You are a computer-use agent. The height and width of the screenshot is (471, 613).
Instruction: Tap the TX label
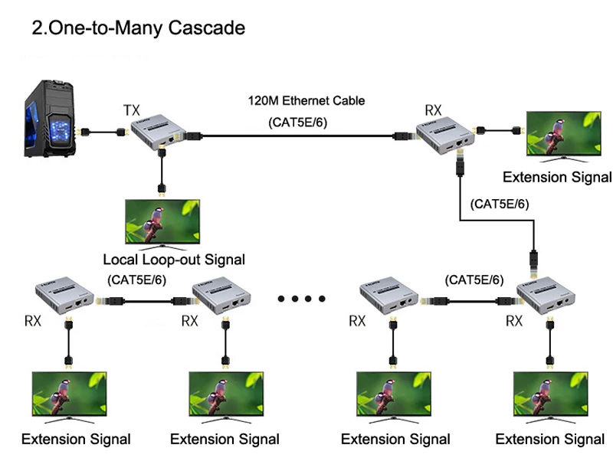(132, 110)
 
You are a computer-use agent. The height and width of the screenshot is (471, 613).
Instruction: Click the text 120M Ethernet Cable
(306, 100)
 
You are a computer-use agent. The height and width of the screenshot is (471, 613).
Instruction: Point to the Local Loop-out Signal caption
(174, 260)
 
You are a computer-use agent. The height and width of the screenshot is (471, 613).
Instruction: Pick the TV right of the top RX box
(562, 136)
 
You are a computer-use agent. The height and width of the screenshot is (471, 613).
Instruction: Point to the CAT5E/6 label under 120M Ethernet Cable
(297, 122)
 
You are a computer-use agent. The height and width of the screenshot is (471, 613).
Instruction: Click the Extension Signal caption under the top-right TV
(557, 177)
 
